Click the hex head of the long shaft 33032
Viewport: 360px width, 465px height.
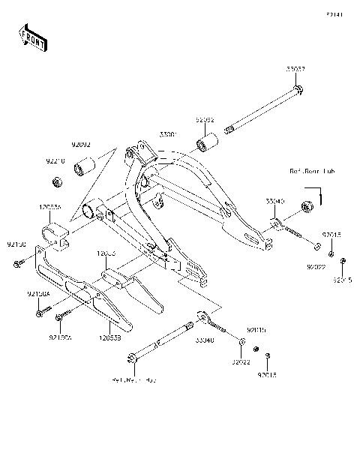(298, 91)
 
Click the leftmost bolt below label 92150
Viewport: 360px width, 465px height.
(16, 263)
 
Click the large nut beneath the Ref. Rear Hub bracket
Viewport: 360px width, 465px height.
(306, 205)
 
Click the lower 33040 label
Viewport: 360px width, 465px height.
(204, 340)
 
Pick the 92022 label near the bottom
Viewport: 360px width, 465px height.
(241, 361)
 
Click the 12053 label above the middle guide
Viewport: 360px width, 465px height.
(106, 254)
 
